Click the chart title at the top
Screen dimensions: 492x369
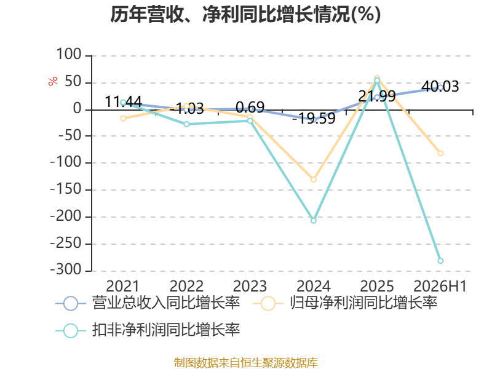pos(245,14)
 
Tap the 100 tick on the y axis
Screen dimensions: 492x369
pos(69,55)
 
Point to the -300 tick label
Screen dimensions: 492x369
pos(66,270)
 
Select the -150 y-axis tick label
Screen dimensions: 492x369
pos(66,189)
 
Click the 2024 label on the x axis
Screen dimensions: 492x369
pos(314,286)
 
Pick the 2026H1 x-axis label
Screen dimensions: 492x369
pos(440,286)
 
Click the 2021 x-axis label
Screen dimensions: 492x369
pos(122,286)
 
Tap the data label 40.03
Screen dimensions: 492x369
pos(440,86)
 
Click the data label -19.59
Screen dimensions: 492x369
pos(314,118)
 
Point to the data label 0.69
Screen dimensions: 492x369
pos(250,107)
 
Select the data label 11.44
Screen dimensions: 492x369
pos(124,101)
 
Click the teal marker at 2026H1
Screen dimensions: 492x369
pos(440,261)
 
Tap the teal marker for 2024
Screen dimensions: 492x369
pos(314,221)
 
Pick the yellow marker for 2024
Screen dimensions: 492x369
pos(314,180)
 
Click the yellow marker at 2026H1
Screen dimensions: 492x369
pos(440,153)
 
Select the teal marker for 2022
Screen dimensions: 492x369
pos(187,124)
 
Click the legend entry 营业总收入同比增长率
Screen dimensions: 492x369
pos(148,303)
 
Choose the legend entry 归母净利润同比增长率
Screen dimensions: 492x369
pos(345,303)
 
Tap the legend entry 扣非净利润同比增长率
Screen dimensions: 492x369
pos(148,330)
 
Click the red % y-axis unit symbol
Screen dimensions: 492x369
pos(53,81)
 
